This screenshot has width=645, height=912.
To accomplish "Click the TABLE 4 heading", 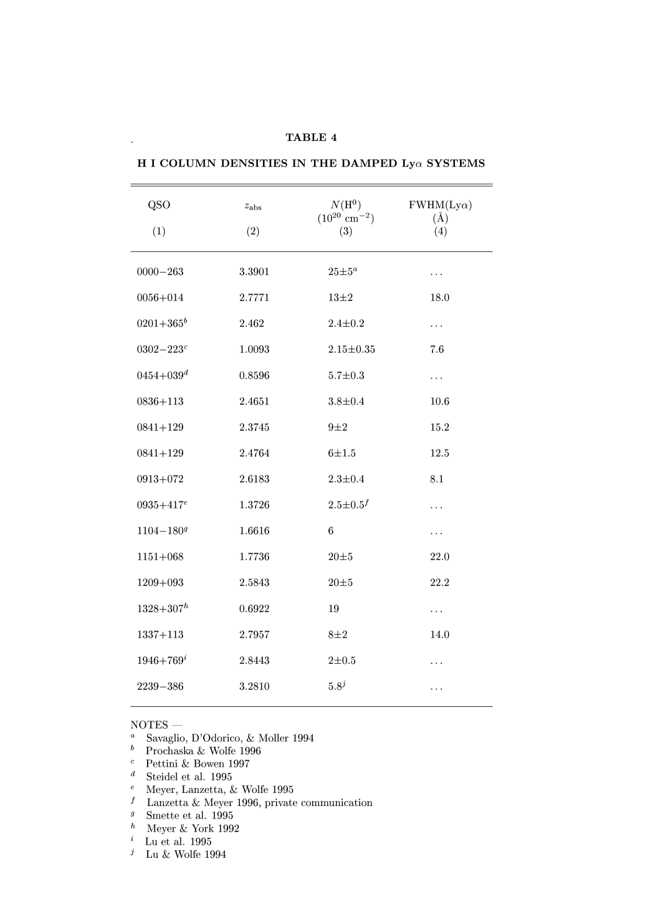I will tap(311, 138).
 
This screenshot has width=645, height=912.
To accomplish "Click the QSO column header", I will tap(159, 205).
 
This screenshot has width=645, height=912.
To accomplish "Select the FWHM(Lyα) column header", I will tap(440, 205).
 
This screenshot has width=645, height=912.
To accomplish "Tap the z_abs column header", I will tap(253, 206).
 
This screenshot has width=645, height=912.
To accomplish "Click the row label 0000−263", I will tap(160, 272).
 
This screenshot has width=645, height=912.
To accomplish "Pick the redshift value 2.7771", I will tap(254, 298).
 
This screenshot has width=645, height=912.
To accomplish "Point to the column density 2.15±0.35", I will tap(351, 350).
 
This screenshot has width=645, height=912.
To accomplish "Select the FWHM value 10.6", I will tap(439, 401).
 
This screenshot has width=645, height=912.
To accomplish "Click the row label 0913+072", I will tap(160, 479).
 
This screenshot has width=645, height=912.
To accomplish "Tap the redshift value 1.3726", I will tap(254, 506).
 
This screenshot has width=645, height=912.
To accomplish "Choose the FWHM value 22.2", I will tap(439, 583).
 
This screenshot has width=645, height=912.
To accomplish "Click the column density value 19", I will tap(333, 609).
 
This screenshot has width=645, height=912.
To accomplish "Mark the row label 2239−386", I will tap(160, 687).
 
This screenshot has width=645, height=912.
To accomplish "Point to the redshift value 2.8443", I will tap(254, 661).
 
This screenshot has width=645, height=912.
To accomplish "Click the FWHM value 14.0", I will tap(439, 635).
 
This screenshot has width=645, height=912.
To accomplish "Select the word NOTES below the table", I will tap(149, 725).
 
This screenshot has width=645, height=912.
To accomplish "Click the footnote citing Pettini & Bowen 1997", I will tap(198, 764).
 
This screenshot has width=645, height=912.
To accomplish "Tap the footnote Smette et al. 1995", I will tap(189, 816).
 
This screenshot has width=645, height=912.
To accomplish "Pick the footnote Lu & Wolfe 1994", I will tap(186, 855).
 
